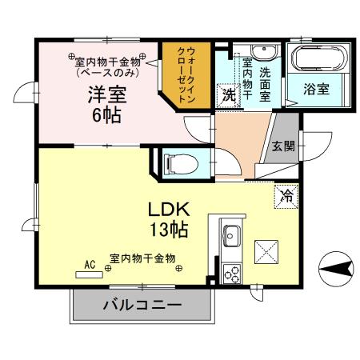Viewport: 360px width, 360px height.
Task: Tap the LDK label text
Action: pyautogui.click(x=168, y=210)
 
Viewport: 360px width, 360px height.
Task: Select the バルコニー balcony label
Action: pyautogui.click(x=142, y=305)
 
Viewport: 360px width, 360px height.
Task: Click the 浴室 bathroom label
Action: pyautogui.click(x=316, y=90)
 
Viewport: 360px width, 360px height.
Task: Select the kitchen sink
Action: pyautogui.click(x=232, y=237)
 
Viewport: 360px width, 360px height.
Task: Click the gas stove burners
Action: pyautogui.click(x=233, y=274)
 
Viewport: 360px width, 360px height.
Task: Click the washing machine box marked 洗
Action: pyautogui.click(x=229, y=94)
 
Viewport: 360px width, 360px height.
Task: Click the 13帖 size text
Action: pyautogui.click(x=168, y=230)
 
